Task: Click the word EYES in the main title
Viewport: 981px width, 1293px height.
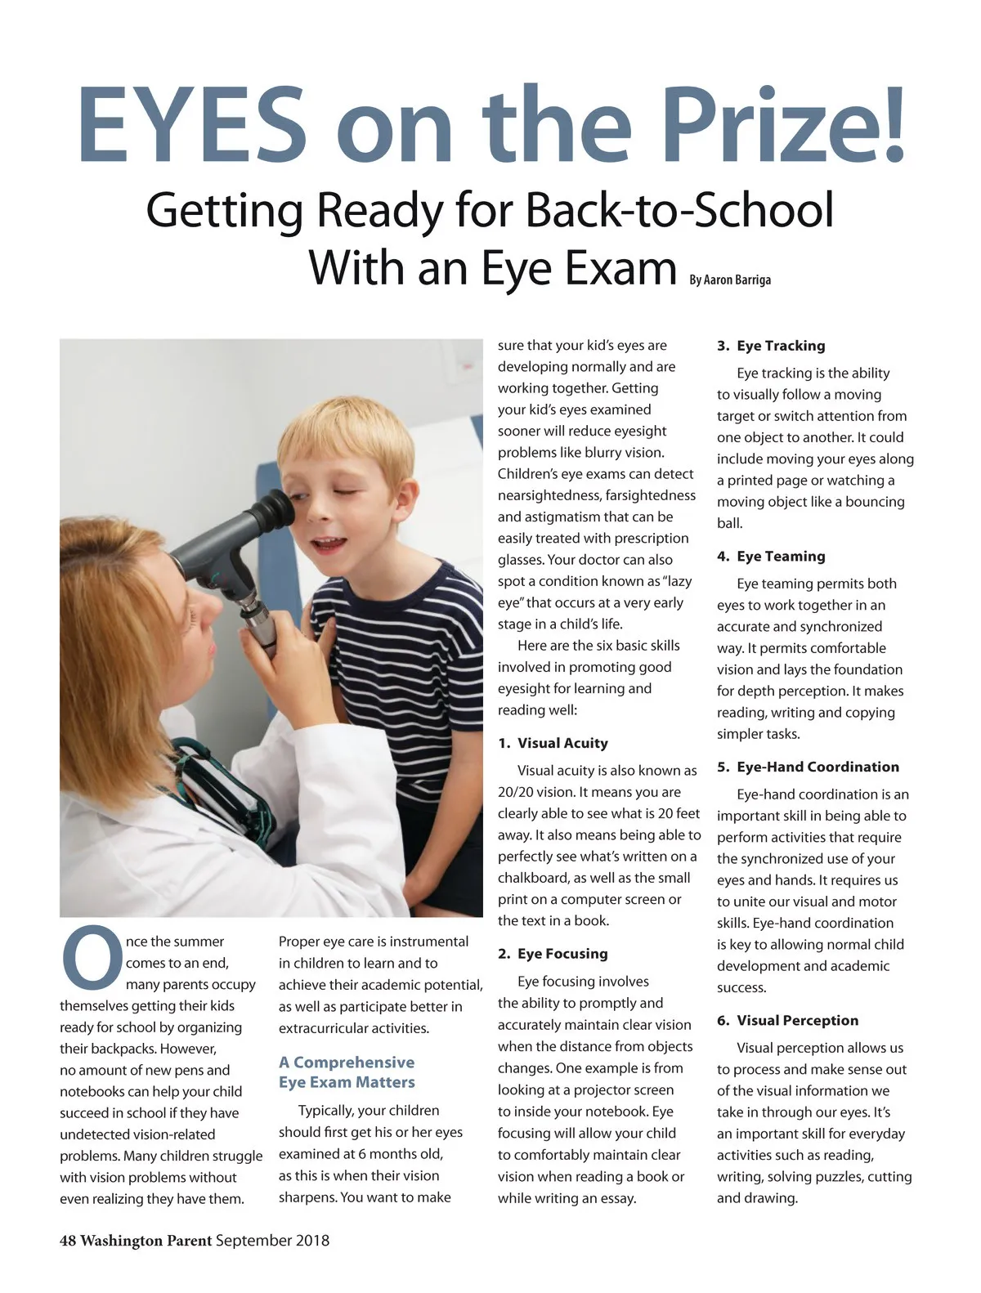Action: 192,124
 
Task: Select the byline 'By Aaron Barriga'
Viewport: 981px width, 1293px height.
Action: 729,280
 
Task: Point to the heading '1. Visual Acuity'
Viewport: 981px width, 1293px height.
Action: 553,743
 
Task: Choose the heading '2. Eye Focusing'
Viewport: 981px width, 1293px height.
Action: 553,954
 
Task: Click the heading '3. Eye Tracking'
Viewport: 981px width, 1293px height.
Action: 771,346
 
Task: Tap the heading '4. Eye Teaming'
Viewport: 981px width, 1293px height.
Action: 771,557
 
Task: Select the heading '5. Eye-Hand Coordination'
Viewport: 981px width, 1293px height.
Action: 808,767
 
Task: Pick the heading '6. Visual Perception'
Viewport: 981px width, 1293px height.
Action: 788,1020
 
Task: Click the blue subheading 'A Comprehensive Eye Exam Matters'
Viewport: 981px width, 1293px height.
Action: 347,1072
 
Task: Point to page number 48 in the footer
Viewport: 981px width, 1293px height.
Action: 68,1241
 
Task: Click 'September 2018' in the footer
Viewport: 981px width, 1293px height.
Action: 272,1241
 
